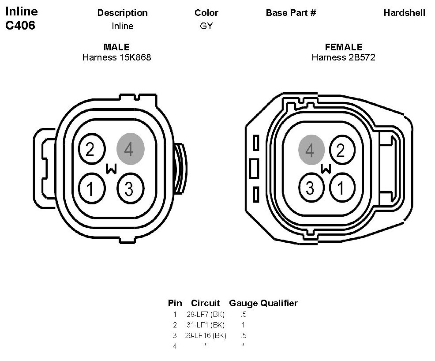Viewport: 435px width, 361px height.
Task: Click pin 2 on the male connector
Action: (x=92, y=149)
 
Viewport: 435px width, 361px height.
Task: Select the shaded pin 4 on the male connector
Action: (x=131, y=149)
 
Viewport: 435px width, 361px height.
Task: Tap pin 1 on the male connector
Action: (x=92, y=189)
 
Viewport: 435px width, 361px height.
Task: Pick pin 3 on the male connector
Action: (x=131, y=189)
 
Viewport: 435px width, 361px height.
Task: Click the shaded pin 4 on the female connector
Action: (x=311, y=150)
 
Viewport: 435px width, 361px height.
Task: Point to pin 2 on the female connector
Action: (x=342, y=150)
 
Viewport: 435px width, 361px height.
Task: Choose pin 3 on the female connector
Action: (x=311, y=188)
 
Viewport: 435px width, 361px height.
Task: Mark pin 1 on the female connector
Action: (x=342, y=188)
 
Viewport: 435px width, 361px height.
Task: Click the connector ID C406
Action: (x=20, y=25)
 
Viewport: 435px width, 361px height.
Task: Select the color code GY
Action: (x=206, y=26)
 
